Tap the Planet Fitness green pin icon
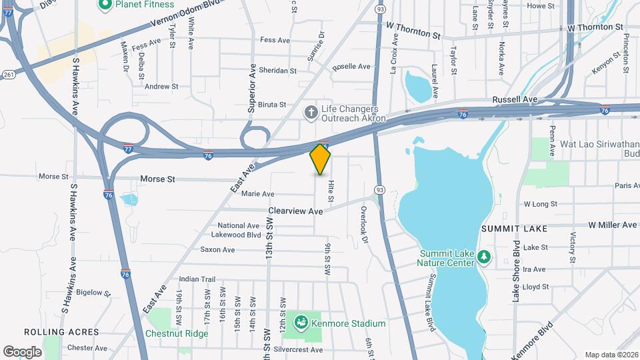(x=105, y=5)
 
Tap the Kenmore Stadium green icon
(x=301, y=323)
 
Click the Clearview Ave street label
(x=295, y=211)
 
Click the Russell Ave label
(x=515, y=99)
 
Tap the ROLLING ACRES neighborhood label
(x=61, y=332)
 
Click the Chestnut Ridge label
(x=177, y=333)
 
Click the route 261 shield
(x=9, y=75)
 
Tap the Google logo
(x=22, y=351)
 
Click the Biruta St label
(x=273, y=105)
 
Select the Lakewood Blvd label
(x=235, y=235)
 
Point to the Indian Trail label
(x=198, y=279)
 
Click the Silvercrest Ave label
(x=297, y=349)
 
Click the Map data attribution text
(x=611, y=355)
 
